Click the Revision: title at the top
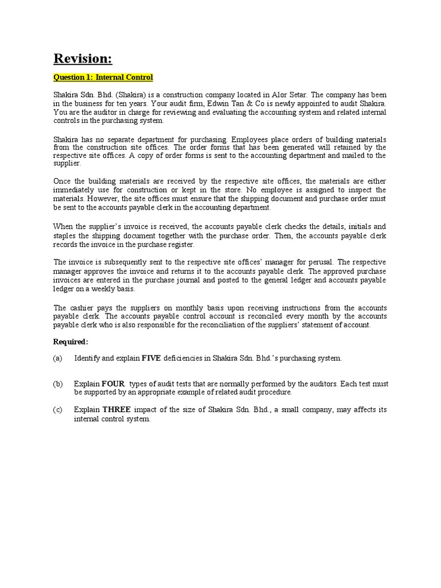83,59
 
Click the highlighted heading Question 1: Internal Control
103,78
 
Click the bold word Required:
71,342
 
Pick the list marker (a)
57,358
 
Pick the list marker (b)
57,384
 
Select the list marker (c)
57,409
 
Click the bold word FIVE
152,358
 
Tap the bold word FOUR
113,384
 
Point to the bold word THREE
117,409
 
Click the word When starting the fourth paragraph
64,227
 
